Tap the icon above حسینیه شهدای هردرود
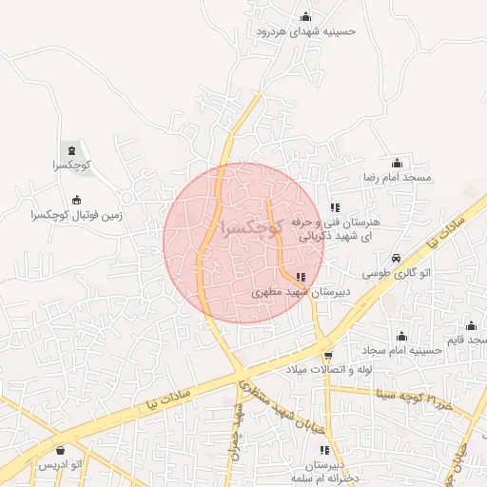(x=305, y=15)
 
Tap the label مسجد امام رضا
(x=397, y=178)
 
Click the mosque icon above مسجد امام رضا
(x=397, y=164)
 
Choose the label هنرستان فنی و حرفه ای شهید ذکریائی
(x=333, y=227)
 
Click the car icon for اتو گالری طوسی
(x=397, y=259)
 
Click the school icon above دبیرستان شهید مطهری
(x=301, y=277)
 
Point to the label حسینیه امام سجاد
(x=401, y=351)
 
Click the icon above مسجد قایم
(x=471, y=326)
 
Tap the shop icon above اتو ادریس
(x=61, y=450)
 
